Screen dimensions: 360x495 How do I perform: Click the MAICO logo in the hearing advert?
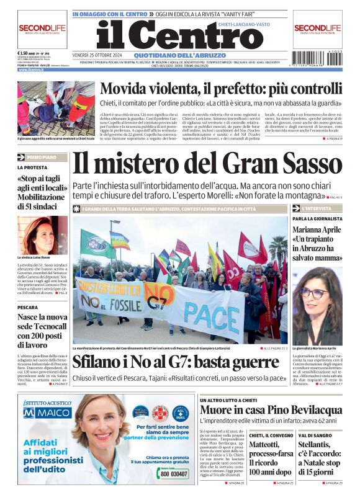click(x=47, y=411)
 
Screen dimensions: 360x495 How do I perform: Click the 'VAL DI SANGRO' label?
click(x=313, y=435)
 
